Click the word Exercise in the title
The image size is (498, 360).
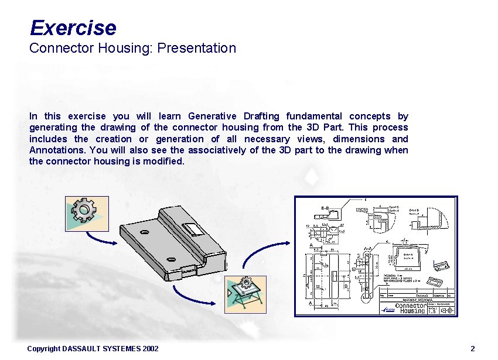(x=73, y=28)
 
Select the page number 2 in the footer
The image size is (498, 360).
(x=472, y=349)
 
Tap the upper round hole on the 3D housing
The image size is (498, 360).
(x=144, y=232)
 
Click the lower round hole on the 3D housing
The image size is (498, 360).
(x=172, y=258)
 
